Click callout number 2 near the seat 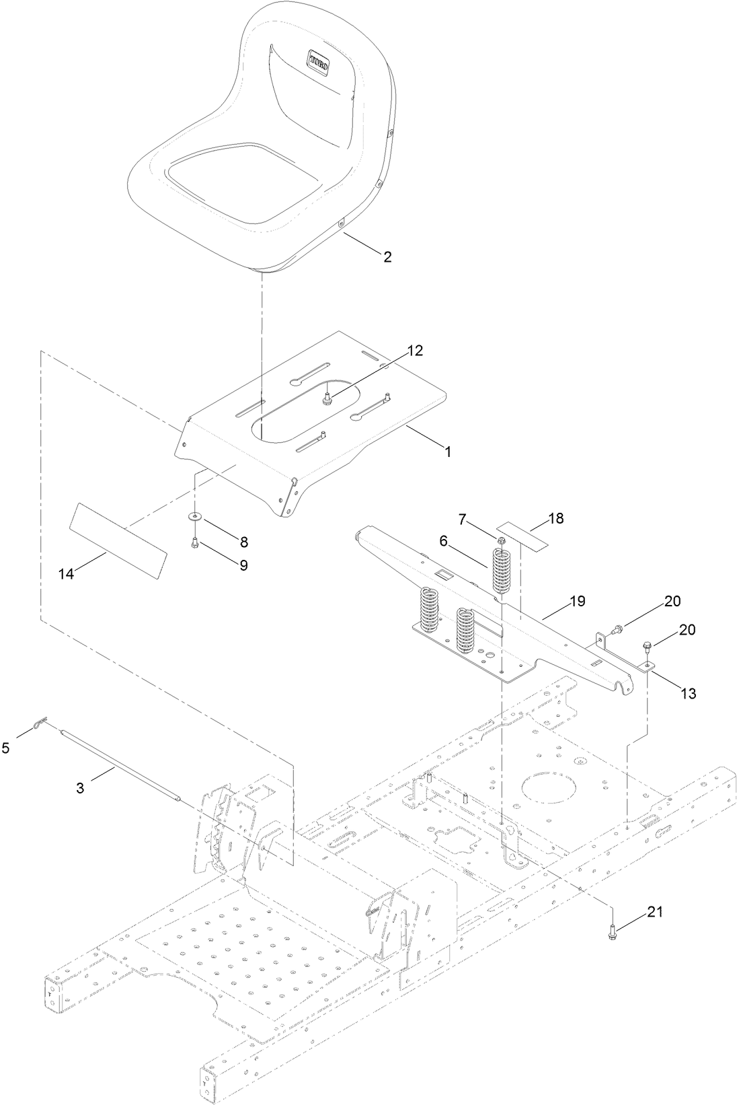point(387,256)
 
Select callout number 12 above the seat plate point(415,350)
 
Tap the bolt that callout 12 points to point(326,400)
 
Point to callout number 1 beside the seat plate point(447,452)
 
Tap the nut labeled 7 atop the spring point(501,539)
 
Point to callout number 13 point(687,693)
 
